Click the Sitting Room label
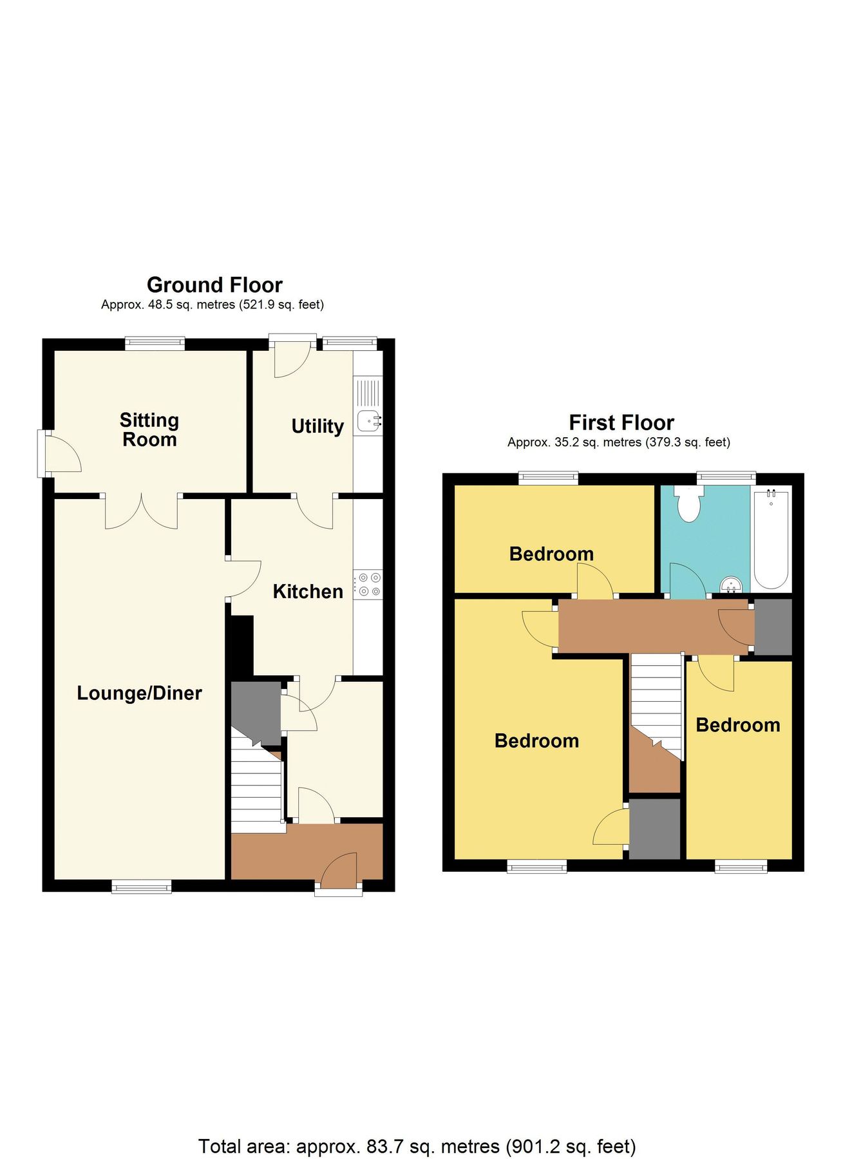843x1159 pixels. click(x=149, y=429)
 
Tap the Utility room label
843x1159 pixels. click(x=317, y=426)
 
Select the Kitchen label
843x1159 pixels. click(x=308, y=592)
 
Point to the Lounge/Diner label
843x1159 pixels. click(x=139, y=693)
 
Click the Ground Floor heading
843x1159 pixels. click(x=214, y=285)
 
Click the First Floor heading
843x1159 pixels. click(x=621, y=422)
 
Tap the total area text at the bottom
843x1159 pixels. click(x=417, y=1127)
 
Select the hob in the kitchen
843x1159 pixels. click(x=370, y=585)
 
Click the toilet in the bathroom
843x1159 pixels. click(x=688, y=503)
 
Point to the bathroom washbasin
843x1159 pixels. click(x=732, y=585)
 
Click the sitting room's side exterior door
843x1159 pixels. click(x=59, y=455)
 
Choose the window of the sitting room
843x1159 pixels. click(x=155, y=344)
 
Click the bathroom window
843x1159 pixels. click(x=726, y=478)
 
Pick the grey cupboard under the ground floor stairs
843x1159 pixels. click(x=255, y=710)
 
